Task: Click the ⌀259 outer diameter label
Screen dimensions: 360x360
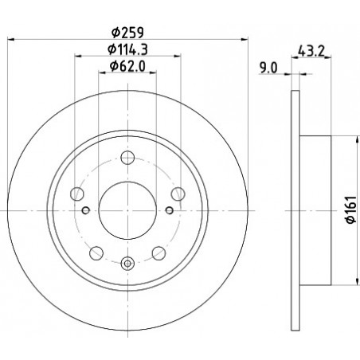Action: (x=127, y=33)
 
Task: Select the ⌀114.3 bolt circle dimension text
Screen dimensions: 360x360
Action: (x=127, y=49)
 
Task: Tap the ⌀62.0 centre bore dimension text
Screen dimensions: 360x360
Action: (x=127, y=66)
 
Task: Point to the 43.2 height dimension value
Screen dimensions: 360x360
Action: (x=311, y=51)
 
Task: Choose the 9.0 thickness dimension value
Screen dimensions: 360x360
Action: (x=268, y=68)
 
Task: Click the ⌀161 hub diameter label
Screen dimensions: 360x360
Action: (x=351, y=209)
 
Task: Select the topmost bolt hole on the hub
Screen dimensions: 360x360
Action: (x=127, y=158)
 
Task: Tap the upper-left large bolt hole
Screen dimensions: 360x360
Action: (x=77, y=194)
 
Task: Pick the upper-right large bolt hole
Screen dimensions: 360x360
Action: (x=178, y=194)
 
